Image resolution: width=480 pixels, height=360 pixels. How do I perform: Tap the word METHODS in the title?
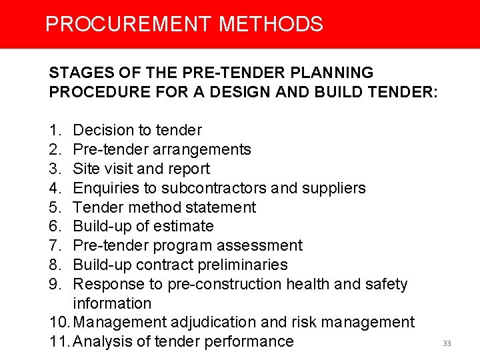click(x=271, y=25)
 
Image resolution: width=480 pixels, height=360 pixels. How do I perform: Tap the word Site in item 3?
click(x=85, y=169)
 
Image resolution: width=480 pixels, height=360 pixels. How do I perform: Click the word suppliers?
click(x=333, y=188)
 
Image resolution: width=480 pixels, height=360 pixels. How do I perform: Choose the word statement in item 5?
click(x=223, y=207)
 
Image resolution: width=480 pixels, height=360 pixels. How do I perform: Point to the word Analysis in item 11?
click(x=102, y=342)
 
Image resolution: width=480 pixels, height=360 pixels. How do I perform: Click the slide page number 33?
click(x=447, y=344)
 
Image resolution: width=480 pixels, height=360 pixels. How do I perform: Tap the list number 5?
click(x=55, y=207)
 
